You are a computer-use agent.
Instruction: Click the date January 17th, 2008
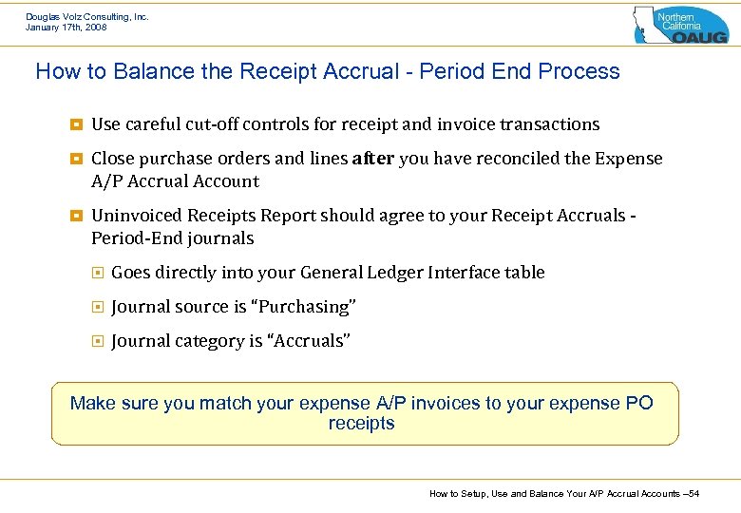click(x=66, y=28)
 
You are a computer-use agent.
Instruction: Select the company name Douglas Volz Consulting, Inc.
click(x=86, y=16)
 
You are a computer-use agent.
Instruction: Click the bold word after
click(x=372, y=159)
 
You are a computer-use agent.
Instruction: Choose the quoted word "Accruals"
click(x=311, y=341)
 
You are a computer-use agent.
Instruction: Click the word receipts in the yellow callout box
click(x=361, y=424)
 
